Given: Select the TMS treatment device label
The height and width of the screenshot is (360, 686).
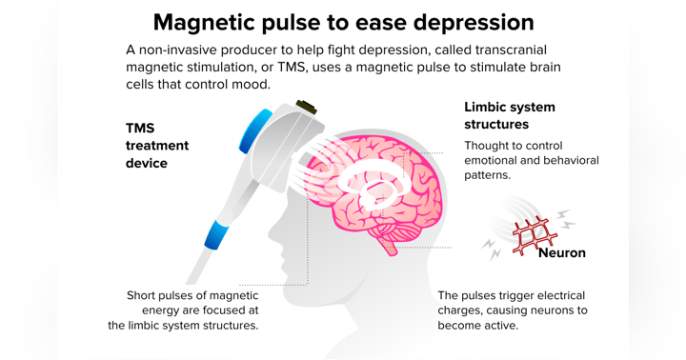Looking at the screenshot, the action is [x=157, y=145].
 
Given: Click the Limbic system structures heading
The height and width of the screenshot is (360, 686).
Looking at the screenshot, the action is [x=509, y=115].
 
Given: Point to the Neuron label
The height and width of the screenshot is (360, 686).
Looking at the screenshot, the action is [x=561, y=252].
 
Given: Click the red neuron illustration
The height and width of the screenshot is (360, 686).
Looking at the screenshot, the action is [x=534, y=234].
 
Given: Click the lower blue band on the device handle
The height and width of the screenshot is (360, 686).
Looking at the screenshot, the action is [x=216, y=234].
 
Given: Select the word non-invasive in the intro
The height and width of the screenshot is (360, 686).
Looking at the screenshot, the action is [x=180, y=49].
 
